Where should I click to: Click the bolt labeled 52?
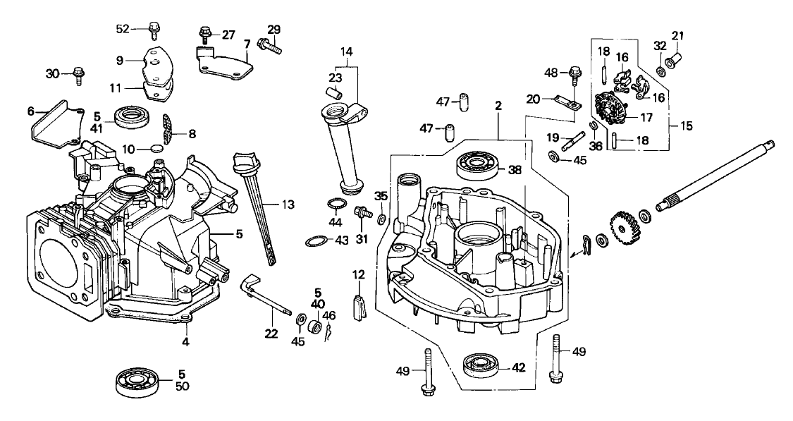tap(153, 30)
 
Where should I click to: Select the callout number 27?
tap(228, 34)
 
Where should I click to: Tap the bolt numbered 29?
tap(269, 47)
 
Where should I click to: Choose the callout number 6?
tap(30, 111)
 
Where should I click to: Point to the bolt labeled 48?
tap(574, 72)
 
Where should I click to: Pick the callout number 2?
tap(498, 106)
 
